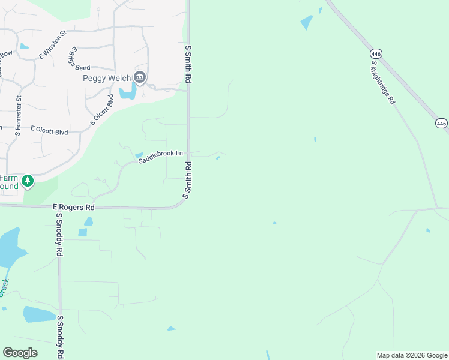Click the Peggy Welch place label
(106, 78)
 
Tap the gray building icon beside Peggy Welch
(140, 77)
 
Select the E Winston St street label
(52, 45)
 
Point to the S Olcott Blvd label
(101, 109)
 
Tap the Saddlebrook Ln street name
(160, 157)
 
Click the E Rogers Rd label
(74, 207)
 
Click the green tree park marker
(27, 181)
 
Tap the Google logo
(20, 353)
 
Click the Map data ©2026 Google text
(411, 355)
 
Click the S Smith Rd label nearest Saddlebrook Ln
(188, 180)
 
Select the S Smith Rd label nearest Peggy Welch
(188, 65)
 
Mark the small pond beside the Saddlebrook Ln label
(139, 155)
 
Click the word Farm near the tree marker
(8, 178)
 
